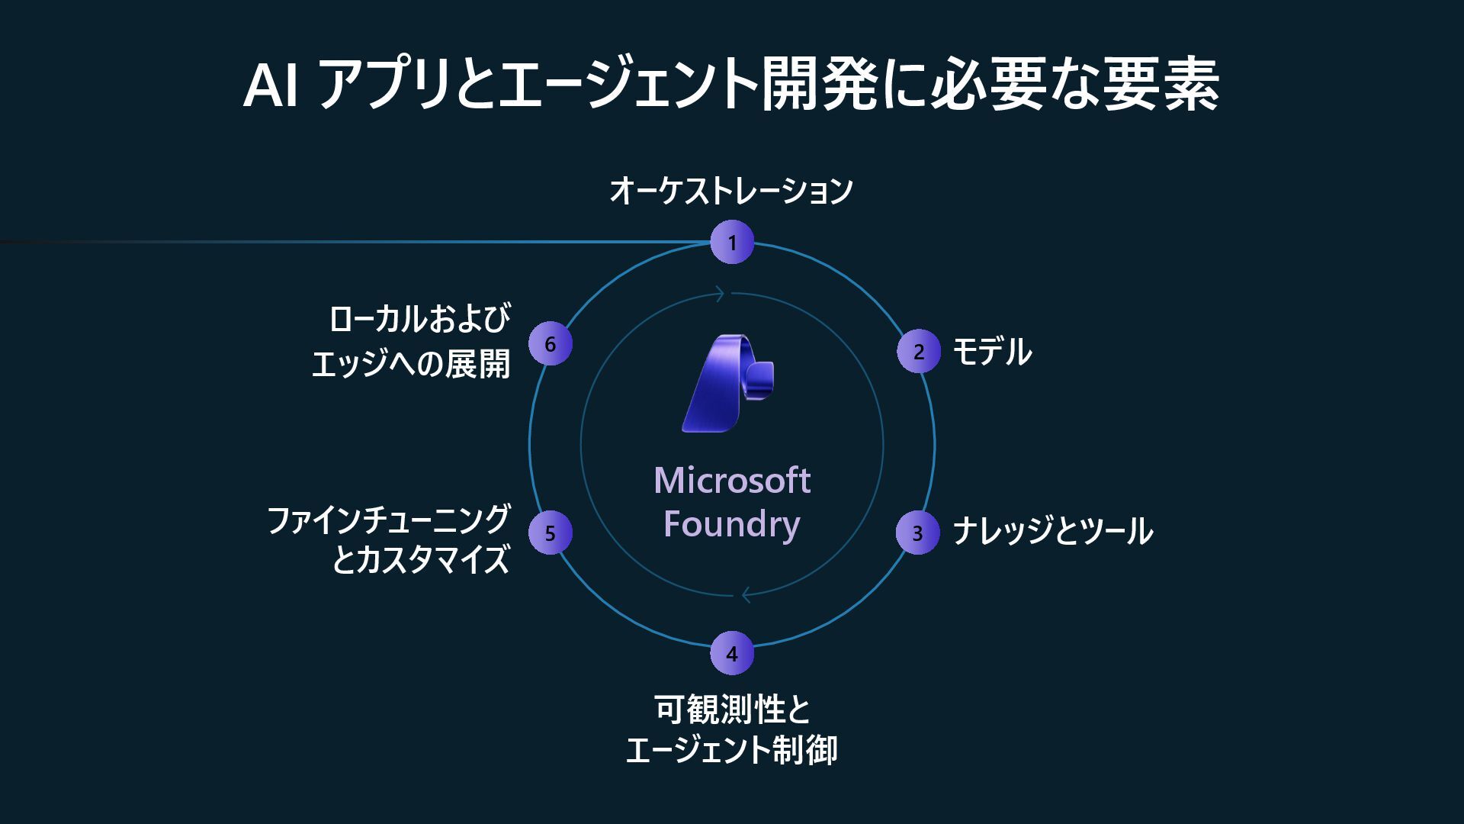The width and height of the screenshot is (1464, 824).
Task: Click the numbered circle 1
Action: tap(732, 243)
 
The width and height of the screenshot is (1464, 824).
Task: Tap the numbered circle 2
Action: tap(918, 352)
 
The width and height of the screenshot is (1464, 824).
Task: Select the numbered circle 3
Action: tap(917, 533)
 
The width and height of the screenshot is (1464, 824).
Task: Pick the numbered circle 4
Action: tap(732, 653)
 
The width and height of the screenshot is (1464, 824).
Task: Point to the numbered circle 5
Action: tap(550, 533)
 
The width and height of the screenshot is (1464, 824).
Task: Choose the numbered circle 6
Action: tap(550, 344)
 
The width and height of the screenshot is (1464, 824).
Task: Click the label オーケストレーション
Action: tap(730, 191)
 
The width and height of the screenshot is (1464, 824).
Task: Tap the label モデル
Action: tap(992, 352)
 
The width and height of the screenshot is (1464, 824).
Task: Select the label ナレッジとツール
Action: tap(1052, 532)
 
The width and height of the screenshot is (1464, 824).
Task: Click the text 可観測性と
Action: tap(733, 710)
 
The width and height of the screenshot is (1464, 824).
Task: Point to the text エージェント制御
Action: tap(731, 750)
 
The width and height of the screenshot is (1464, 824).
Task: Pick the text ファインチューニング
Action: tap(388, 520)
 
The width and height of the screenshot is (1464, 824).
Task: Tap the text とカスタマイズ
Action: tap(421, 560)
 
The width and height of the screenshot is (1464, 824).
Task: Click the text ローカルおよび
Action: tap(419, 319)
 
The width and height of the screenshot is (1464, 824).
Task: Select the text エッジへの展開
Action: tap(411, 363)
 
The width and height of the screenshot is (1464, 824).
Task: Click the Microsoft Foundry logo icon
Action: tap(728, 383)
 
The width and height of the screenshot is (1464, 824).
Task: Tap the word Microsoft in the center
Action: tap(732, 481)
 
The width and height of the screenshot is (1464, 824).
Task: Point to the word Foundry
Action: tap(732, 524)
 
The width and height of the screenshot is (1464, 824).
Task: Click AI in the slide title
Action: tap(270, 86)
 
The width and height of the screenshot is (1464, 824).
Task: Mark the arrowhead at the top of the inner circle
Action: tap(720, 294)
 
